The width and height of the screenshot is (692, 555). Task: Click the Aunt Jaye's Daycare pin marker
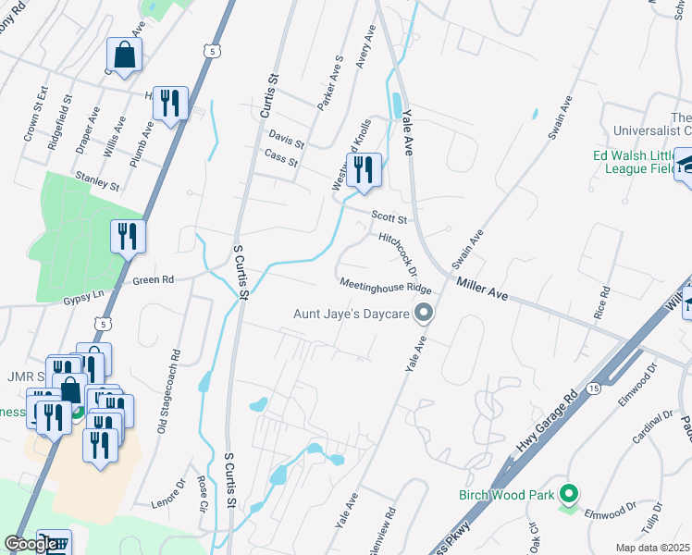pos(425,314)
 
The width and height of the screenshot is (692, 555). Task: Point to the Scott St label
pos(389,218)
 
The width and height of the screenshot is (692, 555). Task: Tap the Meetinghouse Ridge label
pos(386,286)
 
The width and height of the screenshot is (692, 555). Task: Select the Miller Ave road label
pos(482,290)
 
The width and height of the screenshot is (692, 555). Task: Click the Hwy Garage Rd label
pos(547,422)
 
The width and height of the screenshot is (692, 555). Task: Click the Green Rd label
pos(154,279)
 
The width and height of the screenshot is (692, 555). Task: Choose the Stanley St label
pos(99,180)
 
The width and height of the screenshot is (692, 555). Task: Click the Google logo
pos(31,545)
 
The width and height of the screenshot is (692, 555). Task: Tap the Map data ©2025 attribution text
pos(653,548)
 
